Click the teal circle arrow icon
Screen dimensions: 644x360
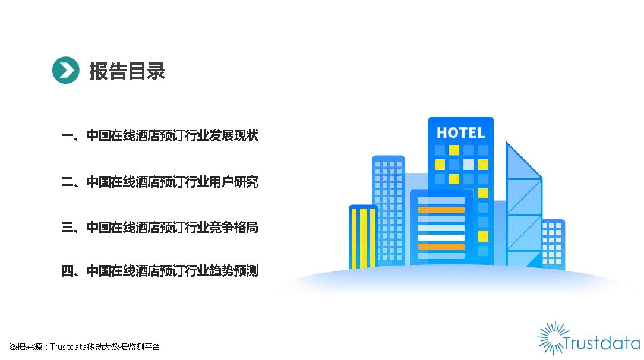(x=66, y=70)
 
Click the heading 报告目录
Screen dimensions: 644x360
(x=127, y=71)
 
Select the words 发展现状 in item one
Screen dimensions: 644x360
(x=233, y=135)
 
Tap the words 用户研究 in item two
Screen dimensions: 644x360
(x=233, y=181)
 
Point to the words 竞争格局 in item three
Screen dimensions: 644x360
(x=233, y=227)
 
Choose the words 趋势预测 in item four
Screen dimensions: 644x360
(x=233, y=271)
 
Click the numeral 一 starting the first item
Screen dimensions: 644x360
(x=67, y=136)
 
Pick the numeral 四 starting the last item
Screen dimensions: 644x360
(x=67, y=271)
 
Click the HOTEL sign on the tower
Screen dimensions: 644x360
(x=461, y=132)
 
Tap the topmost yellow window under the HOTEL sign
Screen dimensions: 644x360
(x=454, y=150)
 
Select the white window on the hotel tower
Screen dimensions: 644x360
(x=469, y=165)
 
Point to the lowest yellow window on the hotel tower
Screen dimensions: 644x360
(x=483, y=236)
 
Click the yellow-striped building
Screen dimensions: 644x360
(x=362, y=237)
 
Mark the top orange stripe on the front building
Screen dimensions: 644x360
(x=441, y=210)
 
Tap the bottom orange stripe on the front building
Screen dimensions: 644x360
(x=441, y=247)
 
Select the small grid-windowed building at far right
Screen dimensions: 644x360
(x=553, y=244)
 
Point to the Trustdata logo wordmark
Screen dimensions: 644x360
(x=602, y=343)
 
